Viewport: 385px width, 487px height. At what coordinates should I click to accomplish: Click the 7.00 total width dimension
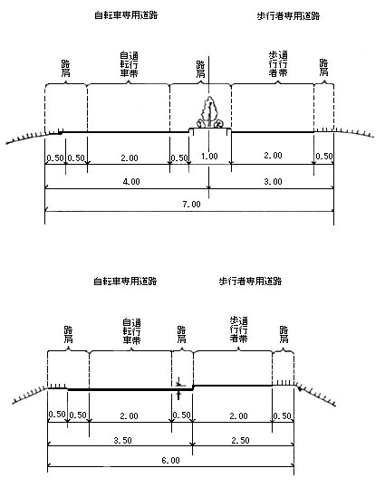[x=192, y=204]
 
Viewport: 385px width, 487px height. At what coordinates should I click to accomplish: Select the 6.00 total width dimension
[x=170, y=460]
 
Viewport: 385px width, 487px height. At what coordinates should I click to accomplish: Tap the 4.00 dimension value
[x=131, y=181]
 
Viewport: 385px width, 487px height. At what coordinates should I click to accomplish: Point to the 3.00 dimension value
[x=274, y=181]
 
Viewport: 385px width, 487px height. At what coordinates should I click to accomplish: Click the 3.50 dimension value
[x=122, y=440]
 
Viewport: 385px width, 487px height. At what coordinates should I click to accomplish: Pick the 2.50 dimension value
[x=240, y=440]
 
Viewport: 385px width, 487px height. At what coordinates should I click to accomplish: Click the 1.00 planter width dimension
[x=209, y=156]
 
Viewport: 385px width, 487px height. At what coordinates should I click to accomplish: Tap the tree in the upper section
[x=209, y=112]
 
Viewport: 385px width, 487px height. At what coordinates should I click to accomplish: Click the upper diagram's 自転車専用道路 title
[x=126, y=15]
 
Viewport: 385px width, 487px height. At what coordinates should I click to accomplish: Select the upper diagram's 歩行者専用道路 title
[x=288, y=15]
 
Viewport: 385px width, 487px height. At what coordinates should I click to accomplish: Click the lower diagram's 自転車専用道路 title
[x=125, y=282]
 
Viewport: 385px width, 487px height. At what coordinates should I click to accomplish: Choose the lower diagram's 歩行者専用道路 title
[x=250, y=282]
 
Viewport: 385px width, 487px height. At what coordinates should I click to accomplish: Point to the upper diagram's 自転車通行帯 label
[x=129, y=64]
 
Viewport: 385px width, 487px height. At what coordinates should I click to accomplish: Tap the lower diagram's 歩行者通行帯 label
[x=238, y=329]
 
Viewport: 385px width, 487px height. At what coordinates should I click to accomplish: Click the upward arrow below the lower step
[x=178, y=396]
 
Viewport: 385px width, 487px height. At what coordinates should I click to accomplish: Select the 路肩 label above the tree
[x=200, y=69]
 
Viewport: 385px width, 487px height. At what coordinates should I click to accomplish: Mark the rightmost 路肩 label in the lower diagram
[x=284, y=334]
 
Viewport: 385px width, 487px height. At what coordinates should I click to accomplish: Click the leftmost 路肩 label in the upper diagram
[x=65, y=68]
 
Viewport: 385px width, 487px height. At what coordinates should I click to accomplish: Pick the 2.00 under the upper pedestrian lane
[x=274, y=156]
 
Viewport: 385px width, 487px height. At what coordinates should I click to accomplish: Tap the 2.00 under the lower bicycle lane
[x=129, y=415]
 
